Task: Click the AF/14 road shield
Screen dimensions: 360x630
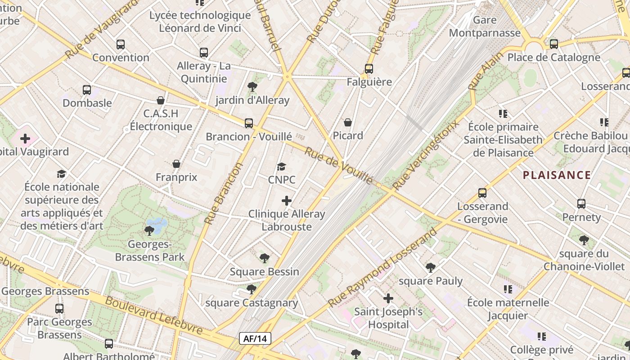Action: (x=255, y=339)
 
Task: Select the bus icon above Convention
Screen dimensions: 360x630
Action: (x=120, y=45)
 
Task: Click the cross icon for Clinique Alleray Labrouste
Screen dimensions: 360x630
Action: (x=287, y=201)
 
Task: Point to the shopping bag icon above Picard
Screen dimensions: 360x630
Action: (x=348, y=122)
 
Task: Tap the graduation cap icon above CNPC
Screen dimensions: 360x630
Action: (x=282, y=167)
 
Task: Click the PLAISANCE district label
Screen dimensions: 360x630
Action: (x=557, y=175)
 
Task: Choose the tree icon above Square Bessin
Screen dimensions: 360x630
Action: (x=265, y=258)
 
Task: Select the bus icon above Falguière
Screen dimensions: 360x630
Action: (x=369, y=69)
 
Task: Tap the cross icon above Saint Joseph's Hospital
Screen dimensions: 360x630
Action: (x=388, y=298)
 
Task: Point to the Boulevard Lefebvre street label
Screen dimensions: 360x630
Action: (x=153, y=315)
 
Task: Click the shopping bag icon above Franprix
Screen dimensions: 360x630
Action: (x=176, y=164)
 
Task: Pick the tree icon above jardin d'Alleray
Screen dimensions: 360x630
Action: (x=252, y=87)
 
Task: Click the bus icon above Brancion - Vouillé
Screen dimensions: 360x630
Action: (x=249, y=123)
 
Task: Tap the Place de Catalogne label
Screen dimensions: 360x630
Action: (x=553, y=58)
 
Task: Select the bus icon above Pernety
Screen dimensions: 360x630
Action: (x=581, y=204)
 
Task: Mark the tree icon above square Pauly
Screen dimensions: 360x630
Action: (x=431, y=268)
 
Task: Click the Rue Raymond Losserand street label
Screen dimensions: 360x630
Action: (x=382, y=268)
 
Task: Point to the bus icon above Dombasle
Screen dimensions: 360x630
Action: (x=87, y=90)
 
